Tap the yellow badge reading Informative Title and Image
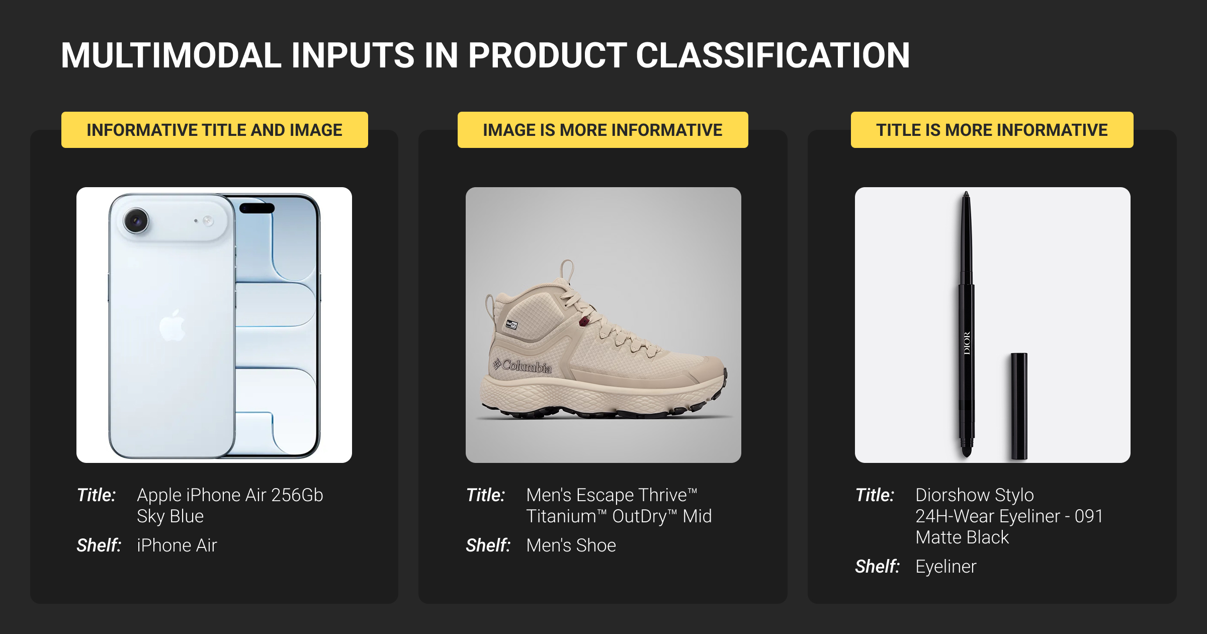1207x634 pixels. (215, 130)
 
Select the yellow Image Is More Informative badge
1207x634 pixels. (603, 130)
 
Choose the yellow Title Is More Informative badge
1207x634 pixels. (992, 130)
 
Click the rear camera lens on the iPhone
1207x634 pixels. (136, 220)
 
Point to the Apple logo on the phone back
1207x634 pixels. (172, 326)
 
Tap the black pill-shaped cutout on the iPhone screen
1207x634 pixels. (257, 208)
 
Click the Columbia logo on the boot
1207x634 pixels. (523, 366)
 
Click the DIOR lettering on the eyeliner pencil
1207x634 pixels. (967, 343)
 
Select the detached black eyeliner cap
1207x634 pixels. (1019, 406)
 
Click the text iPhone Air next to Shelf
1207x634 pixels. (177, 545)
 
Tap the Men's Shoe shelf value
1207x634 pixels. (571, 545)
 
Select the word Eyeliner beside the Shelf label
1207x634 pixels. (946, 567)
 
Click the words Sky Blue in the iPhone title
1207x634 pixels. (170, 516)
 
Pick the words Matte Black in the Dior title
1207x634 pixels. (962, 537)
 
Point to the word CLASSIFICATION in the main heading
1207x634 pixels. (773, 55)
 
